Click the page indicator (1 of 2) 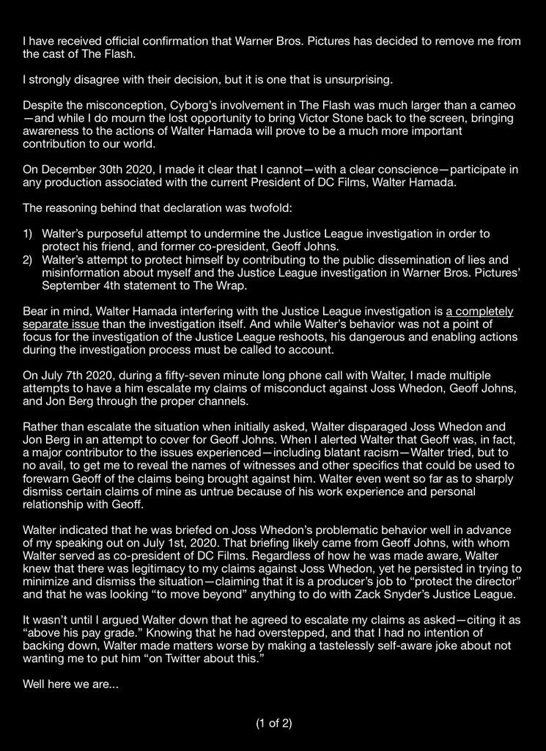pos(273,723)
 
